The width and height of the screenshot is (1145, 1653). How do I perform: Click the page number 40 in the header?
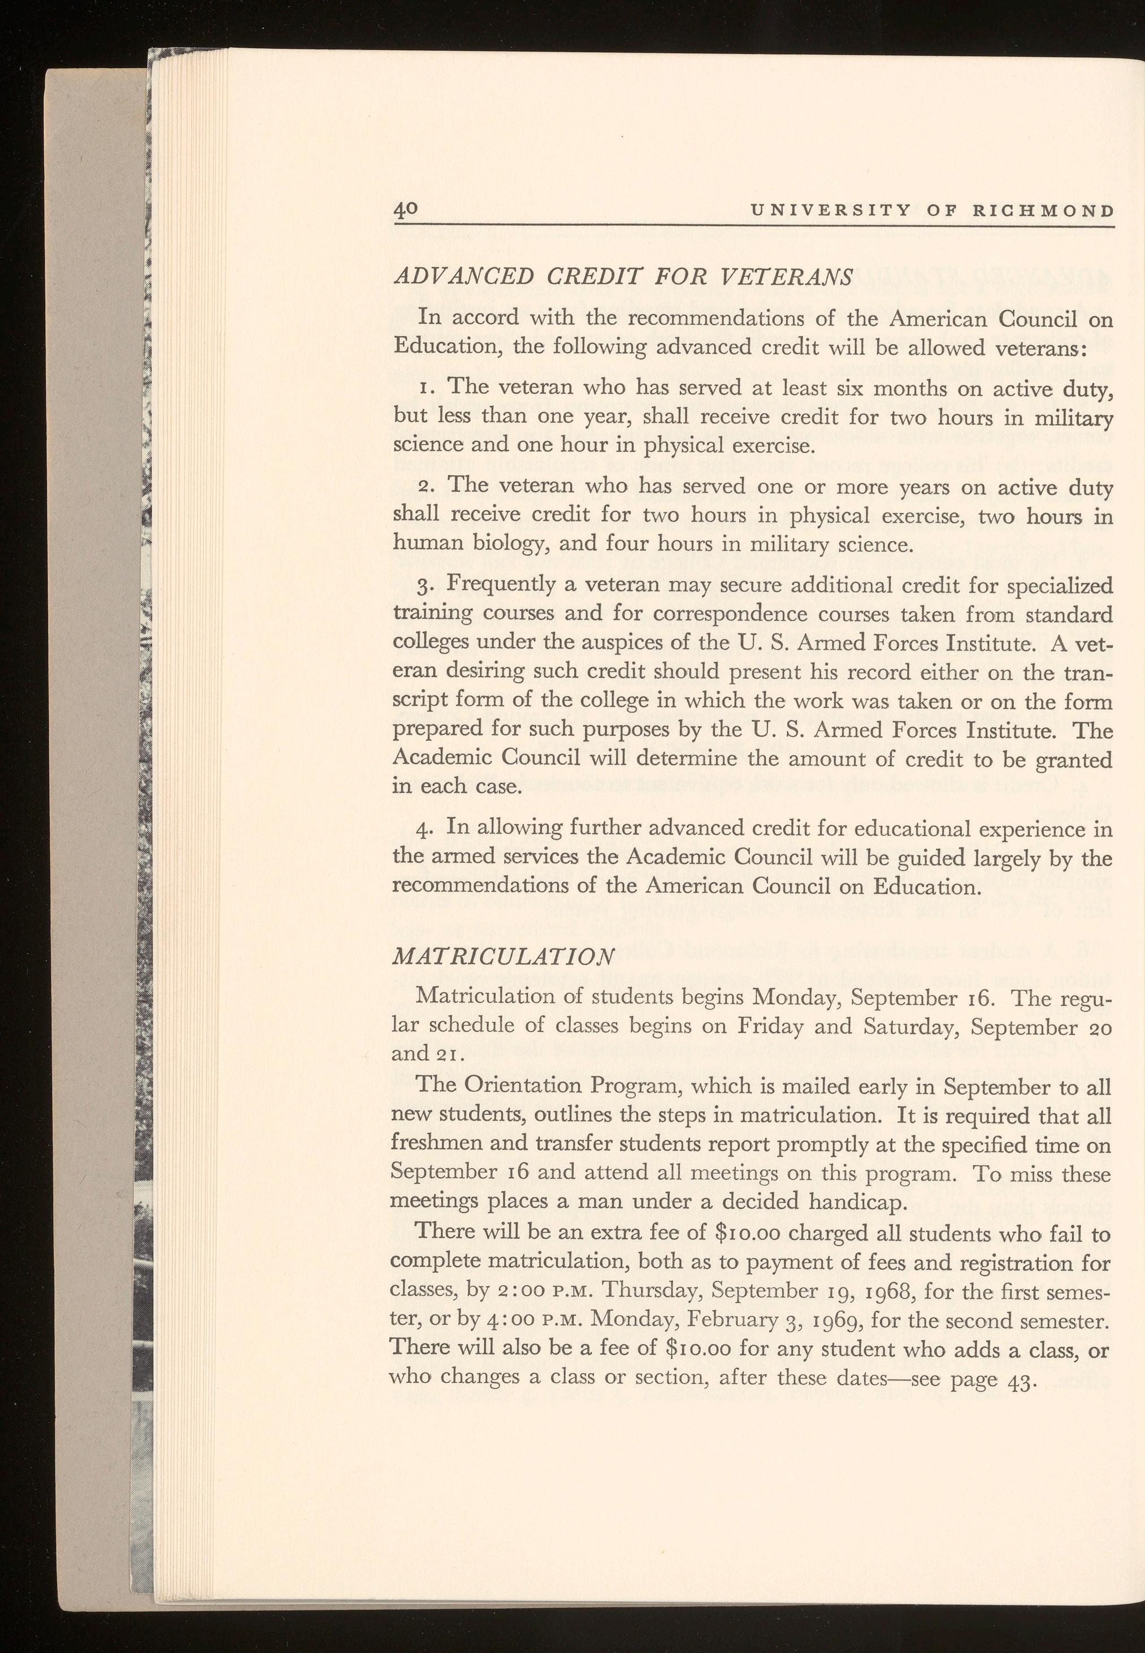tap(405, 210)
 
